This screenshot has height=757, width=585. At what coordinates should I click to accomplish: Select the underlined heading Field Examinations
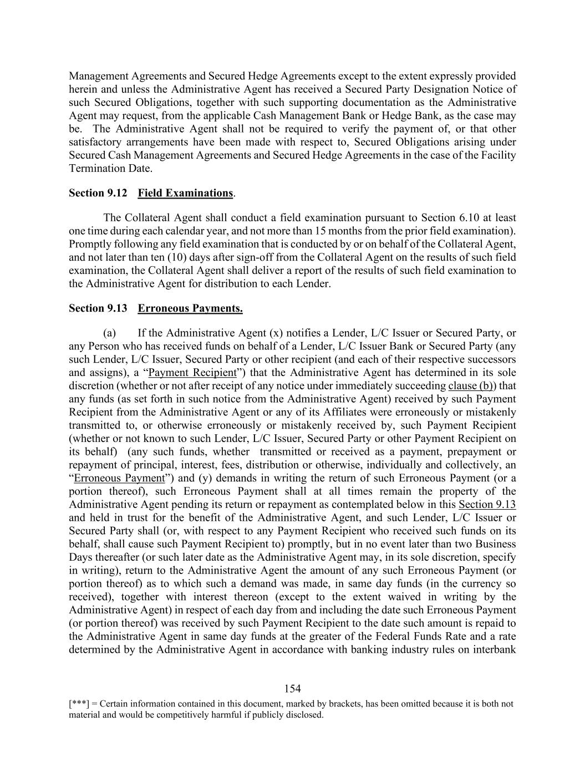click(185, 193)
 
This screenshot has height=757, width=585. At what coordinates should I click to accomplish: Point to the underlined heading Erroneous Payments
click(190, 308)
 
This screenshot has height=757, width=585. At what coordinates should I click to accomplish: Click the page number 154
click(292, 689)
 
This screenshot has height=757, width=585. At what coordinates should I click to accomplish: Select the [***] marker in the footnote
click(78, 704)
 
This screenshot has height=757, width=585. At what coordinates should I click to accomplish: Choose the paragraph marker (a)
click(109, 333)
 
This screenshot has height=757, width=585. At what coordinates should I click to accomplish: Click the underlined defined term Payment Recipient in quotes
click(192, 373)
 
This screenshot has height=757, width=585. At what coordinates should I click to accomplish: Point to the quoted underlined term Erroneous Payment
click(119, 478)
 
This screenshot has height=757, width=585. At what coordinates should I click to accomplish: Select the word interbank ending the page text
click(495, 650)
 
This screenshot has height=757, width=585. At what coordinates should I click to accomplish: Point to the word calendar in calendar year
click(160, 231)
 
